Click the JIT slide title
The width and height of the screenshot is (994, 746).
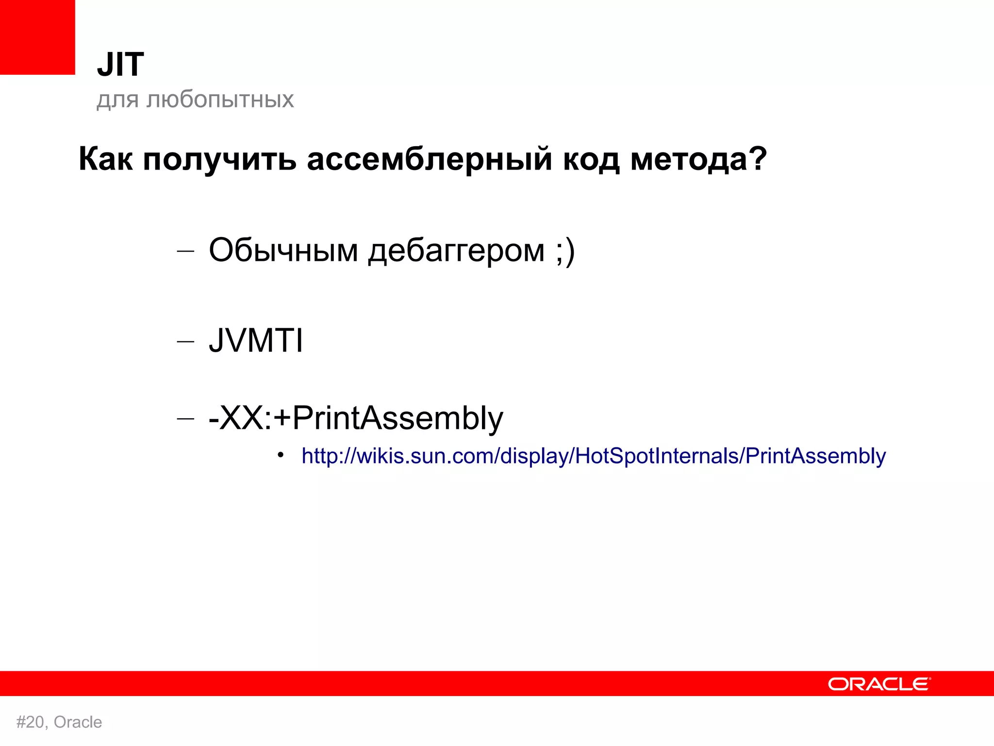pos(120,65)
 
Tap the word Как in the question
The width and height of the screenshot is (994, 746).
pos(105,159)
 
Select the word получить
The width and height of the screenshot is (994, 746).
pos(219,160)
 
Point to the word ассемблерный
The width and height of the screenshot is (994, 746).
pos(430,159)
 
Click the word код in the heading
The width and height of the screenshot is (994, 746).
pos(591,159)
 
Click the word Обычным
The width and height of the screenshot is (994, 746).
pos(283,251)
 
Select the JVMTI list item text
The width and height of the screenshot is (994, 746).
pos(256,340)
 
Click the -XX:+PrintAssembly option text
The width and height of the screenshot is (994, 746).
pos(356,418)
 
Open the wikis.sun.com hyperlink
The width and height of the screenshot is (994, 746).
pos(594,456)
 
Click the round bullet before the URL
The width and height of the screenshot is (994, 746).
pos(280,455)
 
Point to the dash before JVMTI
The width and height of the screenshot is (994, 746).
pos(185,341)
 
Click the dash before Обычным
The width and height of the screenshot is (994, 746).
pos(185,252)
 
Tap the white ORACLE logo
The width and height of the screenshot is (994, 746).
pos(879,684)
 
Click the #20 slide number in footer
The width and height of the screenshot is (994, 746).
pos(31,722)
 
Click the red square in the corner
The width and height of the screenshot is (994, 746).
pos(37,37)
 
